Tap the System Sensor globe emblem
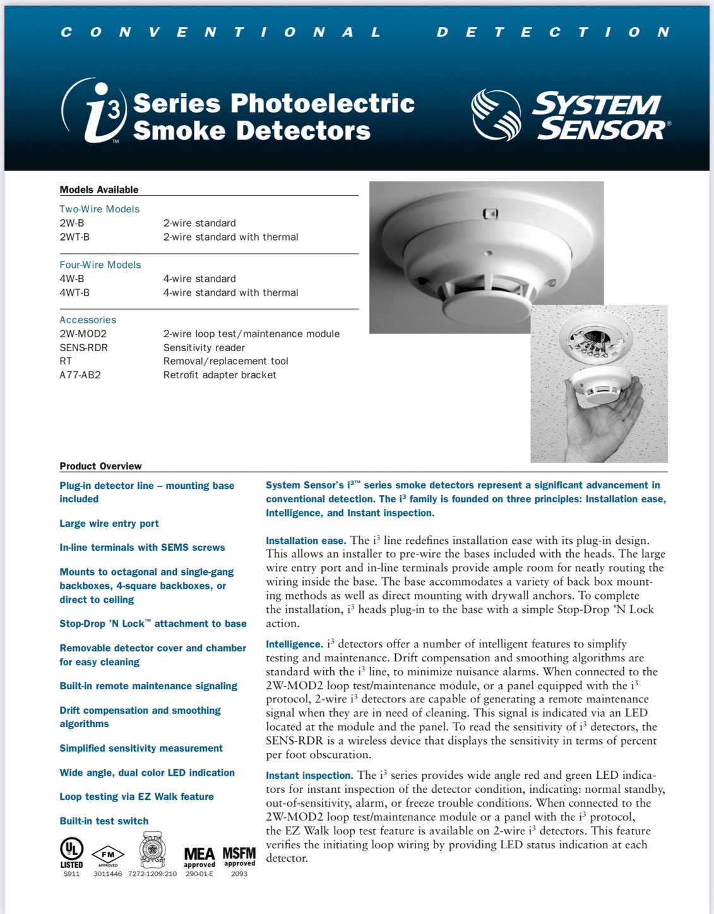[496, 115]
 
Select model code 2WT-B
[74, 237]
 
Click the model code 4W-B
[72, 279]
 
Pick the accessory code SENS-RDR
[83, 347]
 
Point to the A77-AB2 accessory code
[80, 375]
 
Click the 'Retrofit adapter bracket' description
[220, 375]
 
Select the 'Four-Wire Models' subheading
[100, 265]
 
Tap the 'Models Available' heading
[98, 189]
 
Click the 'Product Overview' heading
[100, 466]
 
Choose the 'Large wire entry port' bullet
[109, 524]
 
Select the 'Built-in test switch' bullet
[104, 821]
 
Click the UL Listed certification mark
[71, 852]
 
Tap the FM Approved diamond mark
[108, 855]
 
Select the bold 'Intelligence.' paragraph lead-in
[294, 644]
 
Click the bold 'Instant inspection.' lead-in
[309, 776]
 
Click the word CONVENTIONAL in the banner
[221, 32]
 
